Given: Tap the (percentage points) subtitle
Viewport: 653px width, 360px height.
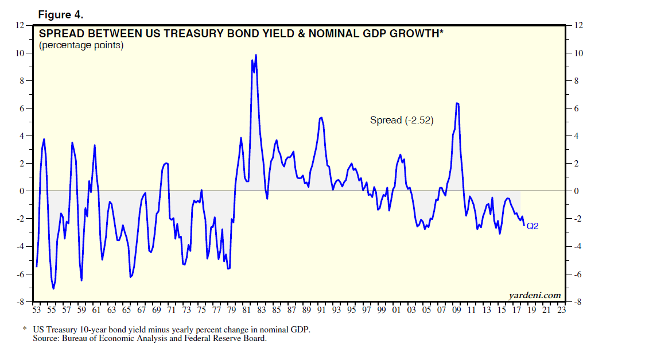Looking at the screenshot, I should [x=81, y=45].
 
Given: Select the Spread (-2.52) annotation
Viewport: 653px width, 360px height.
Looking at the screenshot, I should [x=402, y=121].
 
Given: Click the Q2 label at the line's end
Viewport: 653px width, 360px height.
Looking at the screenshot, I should [x=532, y=226].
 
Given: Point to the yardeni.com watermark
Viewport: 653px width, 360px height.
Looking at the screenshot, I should [x=534, y=295].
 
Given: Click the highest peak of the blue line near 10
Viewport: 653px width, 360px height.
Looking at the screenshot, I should [x=255, y=55].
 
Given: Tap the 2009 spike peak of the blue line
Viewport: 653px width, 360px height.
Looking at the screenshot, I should [x=457, y=103].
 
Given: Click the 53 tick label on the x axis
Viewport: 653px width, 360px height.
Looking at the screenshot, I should [x=36, y=310].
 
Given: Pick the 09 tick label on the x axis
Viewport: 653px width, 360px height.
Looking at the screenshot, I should [x=456, y=310].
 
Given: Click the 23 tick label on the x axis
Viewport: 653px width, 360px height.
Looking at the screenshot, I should [x=561, y=310].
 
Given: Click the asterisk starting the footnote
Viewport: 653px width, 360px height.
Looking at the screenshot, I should [x=25, y=330].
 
